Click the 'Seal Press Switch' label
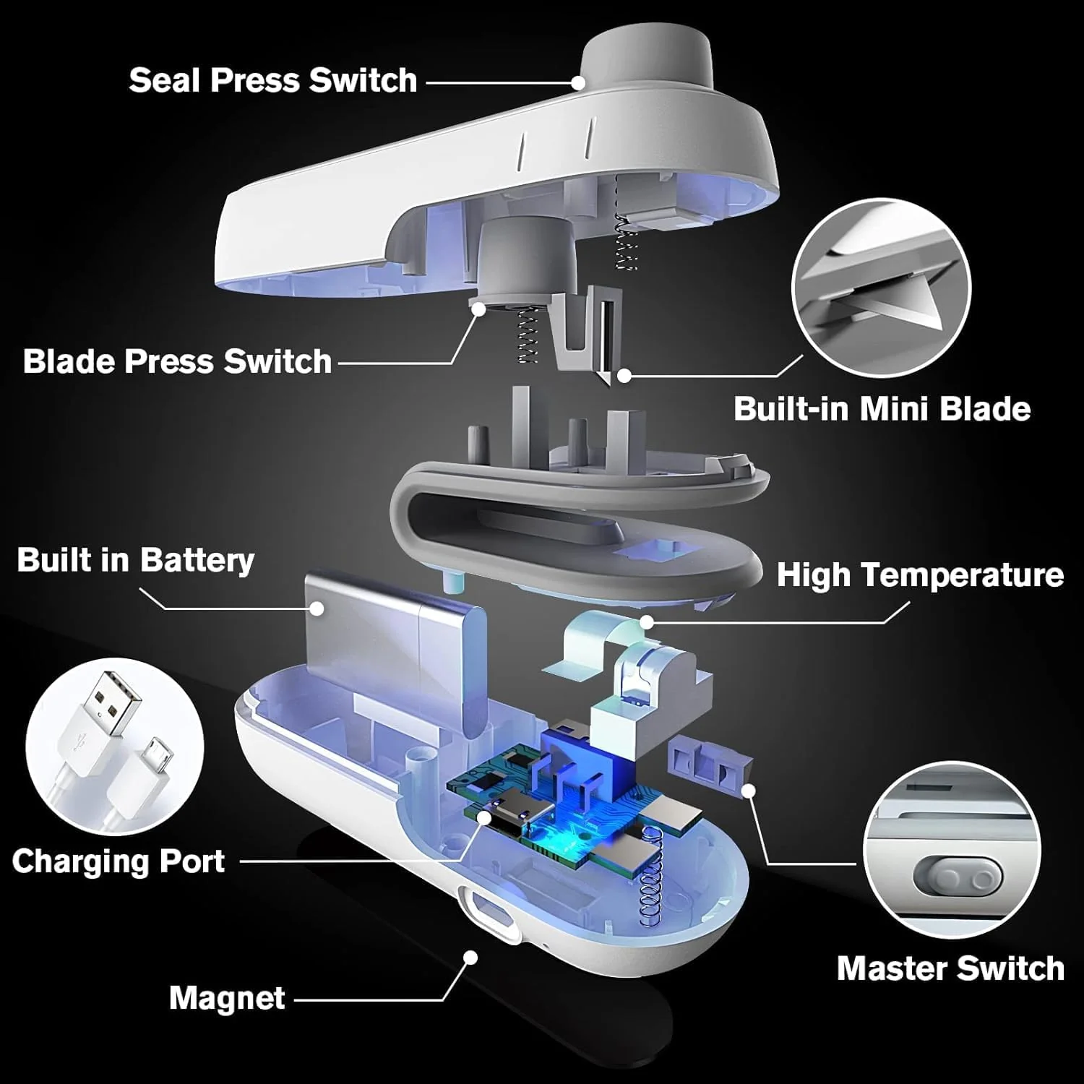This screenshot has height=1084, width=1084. tap(272, 80)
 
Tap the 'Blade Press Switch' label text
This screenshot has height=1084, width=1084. tap(177, 361)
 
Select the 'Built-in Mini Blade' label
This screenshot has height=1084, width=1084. tap(882, 409)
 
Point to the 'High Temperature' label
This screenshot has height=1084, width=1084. tap(919, 575)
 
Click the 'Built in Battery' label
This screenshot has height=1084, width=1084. tap(135, 560)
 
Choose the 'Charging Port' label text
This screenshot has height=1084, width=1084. tap(118, 861)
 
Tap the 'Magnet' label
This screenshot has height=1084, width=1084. tap(227, 999)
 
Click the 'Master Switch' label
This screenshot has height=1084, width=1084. tap(950, 968)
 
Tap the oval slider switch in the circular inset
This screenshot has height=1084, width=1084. tap(958, 878)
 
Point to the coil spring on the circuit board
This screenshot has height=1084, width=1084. tap(654, 874)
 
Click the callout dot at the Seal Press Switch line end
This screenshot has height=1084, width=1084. tap(578, 82)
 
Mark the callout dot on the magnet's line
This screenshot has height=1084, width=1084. tap(470, 958)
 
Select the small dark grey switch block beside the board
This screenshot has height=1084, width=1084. tap(712, 766)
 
